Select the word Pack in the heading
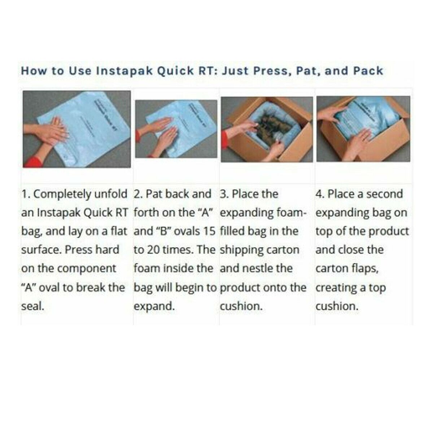coord(368,71)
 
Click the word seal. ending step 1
coord(32,306)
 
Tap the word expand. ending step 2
coord(154,306)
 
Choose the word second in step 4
coord(384,194)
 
